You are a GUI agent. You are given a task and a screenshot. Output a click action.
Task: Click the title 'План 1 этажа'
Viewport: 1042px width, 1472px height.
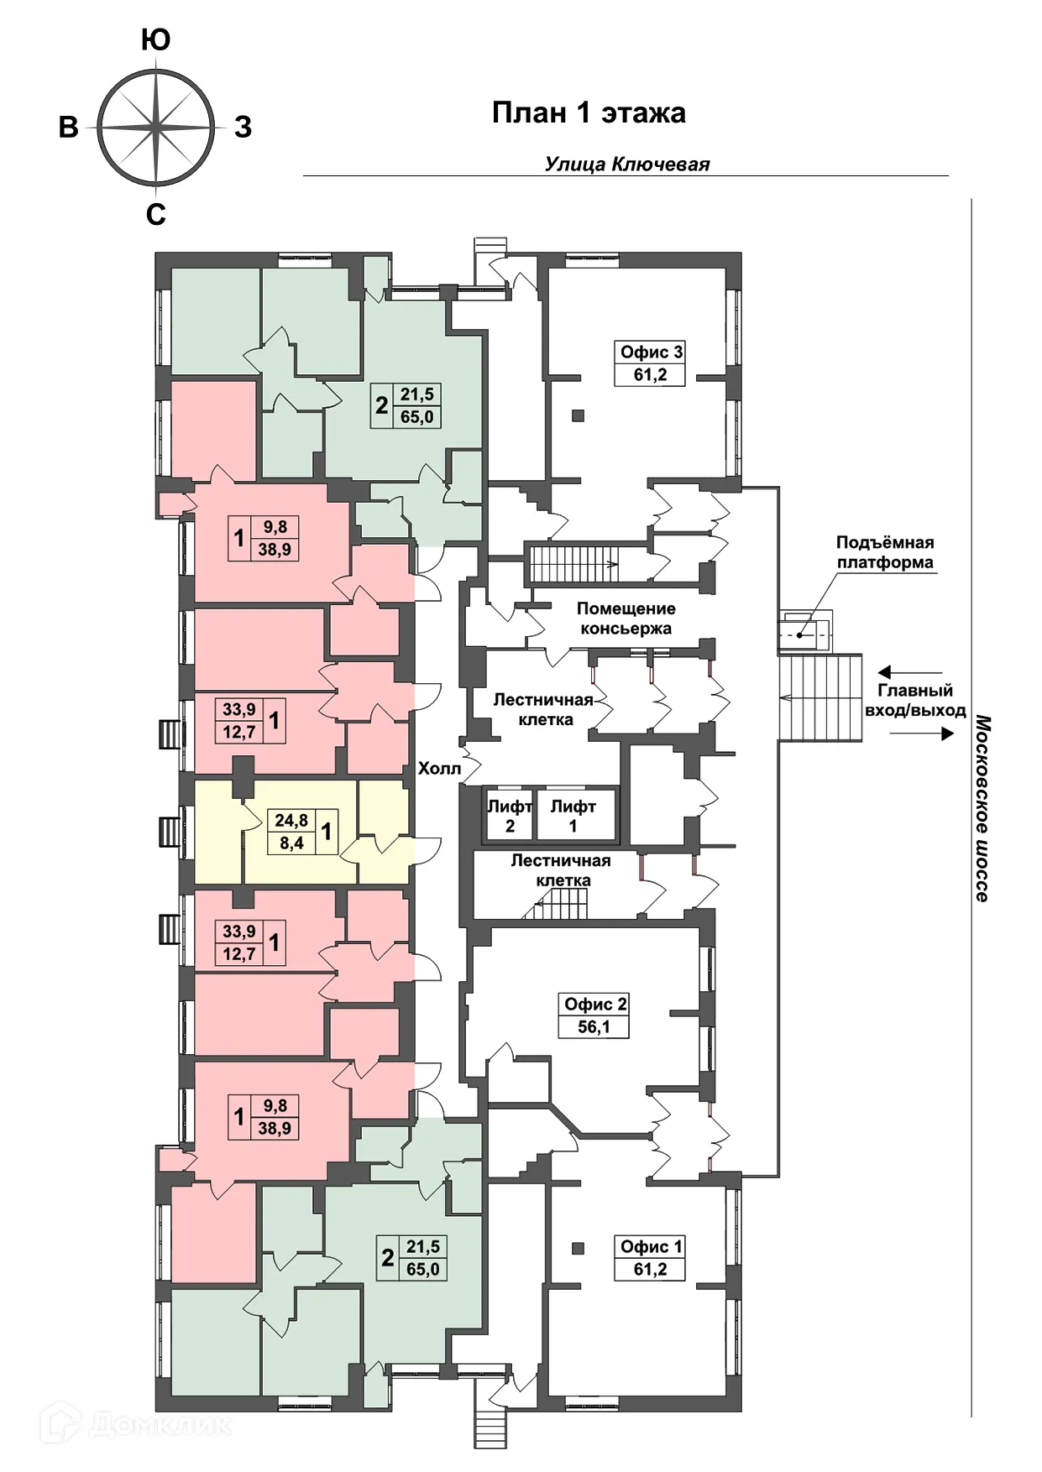589,112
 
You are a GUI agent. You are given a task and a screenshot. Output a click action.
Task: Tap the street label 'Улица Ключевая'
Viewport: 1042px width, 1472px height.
627,164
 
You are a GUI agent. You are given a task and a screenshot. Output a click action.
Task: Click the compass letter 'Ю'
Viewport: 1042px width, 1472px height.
156,39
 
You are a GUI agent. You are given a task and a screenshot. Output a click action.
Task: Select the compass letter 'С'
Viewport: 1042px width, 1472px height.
156,215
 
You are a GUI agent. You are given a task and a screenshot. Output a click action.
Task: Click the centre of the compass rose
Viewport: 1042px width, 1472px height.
156,128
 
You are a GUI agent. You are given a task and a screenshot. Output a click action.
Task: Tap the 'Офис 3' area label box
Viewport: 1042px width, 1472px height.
651,363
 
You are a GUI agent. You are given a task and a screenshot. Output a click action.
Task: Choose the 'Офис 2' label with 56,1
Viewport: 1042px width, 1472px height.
594,1015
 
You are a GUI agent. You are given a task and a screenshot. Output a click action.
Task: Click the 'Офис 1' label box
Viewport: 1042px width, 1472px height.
651,1258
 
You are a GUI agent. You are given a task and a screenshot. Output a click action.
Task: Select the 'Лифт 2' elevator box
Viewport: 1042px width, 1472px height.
509,815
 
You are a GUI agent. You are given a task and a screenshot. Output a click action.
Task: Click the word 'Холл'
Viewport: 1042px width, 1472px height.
439,768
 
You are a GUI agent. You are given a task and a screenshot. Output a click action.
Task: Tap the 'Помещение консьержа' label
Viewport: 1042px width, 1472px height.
626,619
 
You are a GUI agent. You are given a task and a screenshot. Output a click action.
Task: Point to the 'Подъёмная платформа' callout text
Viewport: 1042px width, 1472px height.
885,552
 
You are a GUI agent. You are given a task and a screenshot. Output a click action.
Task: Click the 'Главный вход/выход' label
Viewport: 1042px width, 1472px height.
915,701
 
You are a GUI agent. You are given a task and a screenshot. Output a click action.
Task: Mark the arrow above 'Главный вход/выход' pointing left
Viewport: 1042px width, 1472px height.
910,672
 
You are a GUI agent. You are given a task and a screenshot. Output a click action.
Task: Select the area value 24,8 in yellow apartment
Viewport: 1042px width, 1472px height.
291,820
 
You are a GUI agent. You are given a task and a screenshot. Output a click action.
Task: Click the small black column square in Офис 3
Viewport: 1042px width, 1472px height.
578,415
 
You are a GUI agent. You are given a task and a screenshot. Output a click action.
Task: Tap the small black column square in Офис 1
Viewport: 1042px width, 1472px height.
578,1248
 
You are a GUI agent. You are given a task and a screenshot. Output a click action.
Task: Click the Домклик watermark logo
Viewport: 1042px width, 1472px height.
136,1423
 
